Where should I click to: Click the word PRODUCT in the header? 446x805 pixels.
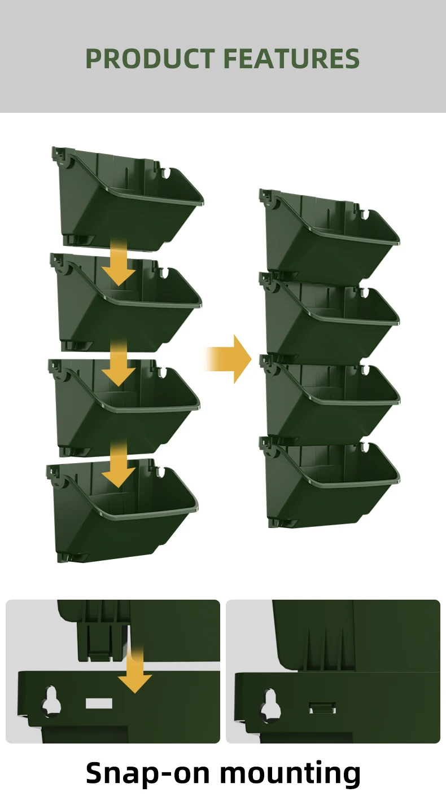pyautogui.click(x=150, y=59)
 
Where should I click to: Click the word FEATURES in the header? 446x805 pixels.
pyautogui.click(x=291, y=59)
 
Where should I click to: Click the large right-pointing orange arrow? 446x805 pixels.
pyautogui.click(x=233, y=359)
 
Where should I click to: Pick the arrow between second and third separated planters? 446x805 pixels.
pyautogui.click(x=119, y=364)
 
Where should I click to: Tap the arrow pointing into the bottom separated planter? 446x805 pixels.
pyautogui.click(x=119, y=466)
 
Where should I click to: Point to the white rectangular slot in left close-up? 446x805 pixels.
pyautogui.click(x=99, y=703)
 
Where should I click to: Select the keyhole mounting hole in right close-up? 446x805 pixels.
pyautogui.click(x=271, y=703)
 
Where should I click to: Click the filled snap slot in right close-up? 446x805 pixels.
pyautogui.click(x=322, y=707)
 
